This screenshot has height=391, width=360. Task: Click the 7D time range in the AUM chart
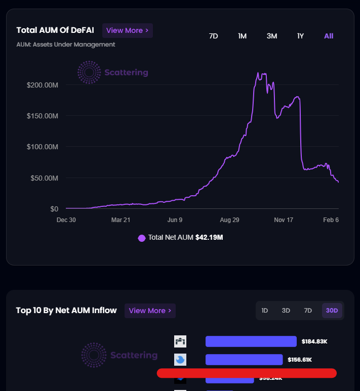click(213, 36)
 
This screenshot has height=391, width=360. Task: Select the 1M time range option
click(242, 36)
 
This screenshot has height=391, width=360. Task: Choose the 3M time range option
click(272, 36)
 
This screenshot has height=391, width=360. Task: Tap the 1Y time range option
click(300, 36)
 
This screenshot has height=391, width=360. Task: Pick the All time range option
click(329, 36)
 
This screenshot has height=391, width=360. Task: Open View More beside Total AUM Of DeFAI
click(127, 30)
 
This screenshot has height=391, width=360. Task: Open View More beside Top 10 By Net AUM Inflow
click(150, 311)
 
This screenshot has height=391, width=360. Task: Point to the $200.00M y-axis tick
click(43, 85)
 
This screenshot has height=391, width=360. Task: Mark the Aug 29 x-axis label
click(229, 220)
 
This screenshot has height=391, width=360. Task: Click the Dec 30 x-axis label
click(66, 220)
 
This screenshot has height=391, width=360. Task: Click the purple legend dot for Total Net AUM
click(142, 238)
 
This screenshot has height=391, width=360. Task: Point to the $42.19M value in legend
click(209, 238)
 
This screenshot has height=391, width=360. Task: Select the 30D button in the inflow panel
click(332, 311)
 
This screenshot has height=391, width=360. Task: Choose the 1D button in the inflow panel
click(264, 311)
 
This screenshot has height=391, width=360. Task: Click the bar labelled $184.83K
click(251, 341)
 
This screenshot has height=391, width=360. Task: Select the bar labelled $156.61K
click(244, 360)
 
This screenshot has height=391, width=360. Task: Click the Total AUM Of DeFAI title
click(55, 30)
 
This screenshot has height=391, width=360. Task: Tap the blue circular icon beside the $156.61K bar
click(180, 360)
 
